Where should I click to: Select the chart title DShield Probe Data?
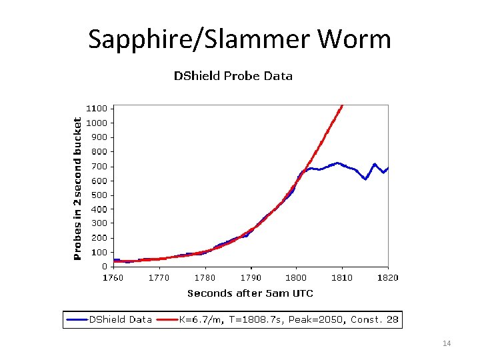[x=233, y=76]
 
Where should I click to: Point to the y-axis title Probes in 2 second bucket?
[x=77, y=189]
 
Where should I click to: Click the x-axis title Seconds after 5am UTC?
[x=250, y=293]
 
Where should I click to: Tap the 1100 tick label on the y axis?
[x=97, y=108]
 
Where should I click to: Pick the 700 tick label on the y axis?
[x=99, y=166]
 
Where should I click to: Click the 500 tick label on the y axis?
[x=99, y=195]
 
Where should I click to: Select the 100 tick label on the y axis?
[x=99, y=253]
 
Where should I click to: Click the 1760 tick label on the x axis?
[x=113, y=278]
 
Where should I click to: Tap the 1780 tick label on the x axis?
[x=205, y=278]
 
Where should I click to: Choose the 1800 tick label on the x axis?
[x=296, y=278]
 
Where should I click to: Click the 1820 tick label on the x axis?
[x=387, y=278]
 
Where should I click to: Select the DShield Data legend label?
[x=121, y=319]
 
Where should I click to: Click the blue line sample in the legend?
[x=77, y=320]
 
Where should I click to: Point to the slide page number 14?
[x=447, y=343]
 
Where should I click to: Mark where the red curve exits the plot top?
[x=342, y=106]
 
